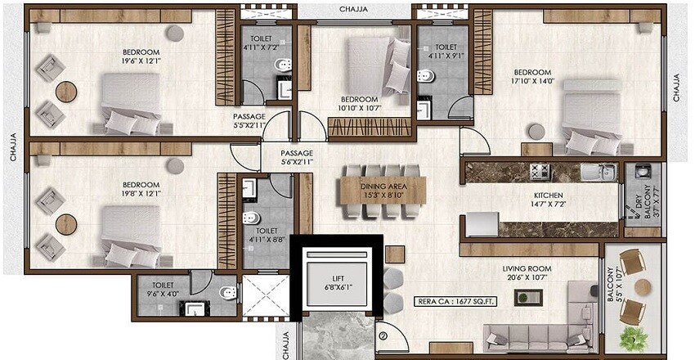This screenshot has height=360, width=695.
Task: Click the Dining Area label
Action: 383,187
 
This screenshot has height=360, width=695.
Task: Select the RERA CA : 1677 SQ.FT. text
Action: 454,299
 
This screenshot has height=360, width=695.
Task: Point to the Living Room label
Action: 527,268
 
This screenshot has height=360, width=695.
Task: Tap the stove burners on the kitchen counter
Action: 540,172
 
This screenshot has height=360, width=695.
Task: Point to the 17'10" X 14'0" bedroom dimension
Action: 533,81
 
